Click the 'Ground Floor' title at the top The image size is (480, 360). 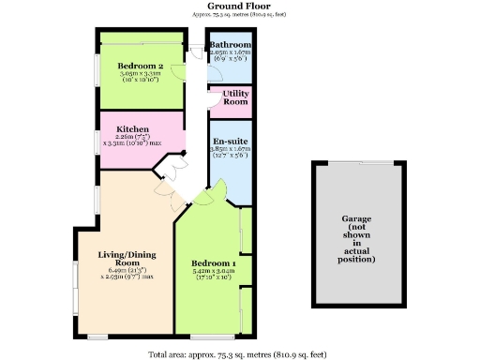(x=239, y=6)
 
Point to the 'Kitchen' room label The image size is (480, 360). (x=133, y=128)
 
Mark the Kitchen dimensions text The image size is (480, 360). (x=133, y=141)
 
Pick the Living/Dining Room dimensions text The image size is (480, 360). (x=125, y=276)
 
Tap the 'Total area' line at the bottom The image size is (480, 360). (x=239, y=353)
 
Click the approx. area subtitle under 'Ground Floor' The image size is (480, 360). (x=239, y=16)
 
